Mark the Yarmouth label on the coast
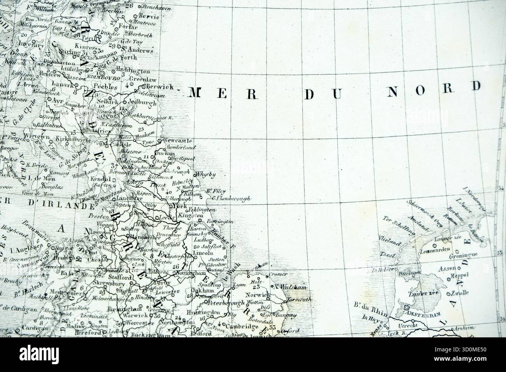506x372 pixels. pyautogui.click(x=299, y=299)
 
